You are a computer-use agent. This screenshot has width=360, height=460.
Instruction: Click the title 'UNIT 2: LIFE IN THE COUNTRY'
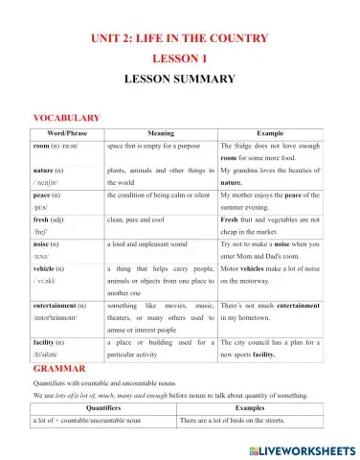click(180, 38)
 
